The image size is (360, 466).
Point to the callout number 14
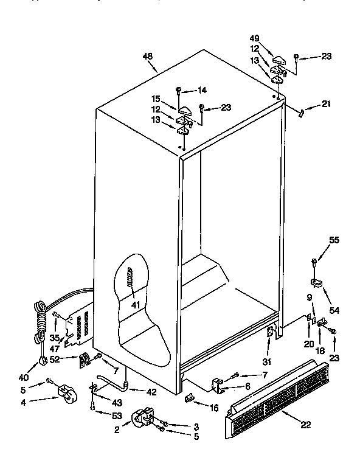pyautogui.click(x=202, y=90)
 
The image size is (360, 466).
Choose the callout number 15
pyautogui.click(x=156, y=99)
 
